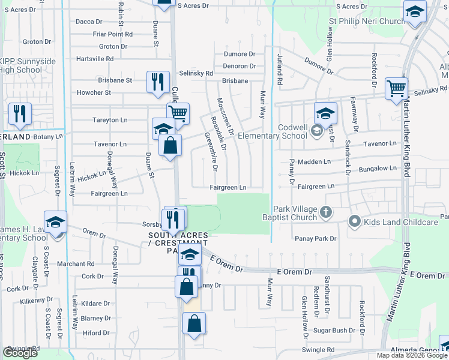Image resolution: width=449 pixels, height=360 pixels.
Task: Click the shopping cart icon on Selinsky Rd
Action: point(396,89)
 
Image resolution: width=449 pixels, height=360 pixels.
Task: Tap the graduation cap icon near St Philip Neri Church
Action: point(414,11)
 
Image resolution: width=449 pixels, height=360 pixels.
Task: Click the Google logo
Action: point(20,353)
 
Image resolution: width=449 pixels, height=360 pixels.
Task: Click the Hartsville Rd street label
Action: point(95,59)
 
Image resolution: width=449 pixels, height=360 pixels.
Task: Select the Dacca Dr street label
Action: point(89,22)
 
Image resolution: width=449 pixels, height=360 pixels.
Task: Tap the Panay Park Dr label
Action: point(316,239)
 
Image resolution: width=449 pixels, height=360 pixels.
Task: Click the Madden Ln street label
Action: point(315,162)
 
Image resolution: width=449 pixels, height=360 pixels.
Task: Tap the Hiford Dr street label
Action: point(96,333)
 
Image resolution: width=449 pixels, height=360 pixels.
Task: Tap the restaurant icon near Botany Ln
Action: point(20,113)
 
